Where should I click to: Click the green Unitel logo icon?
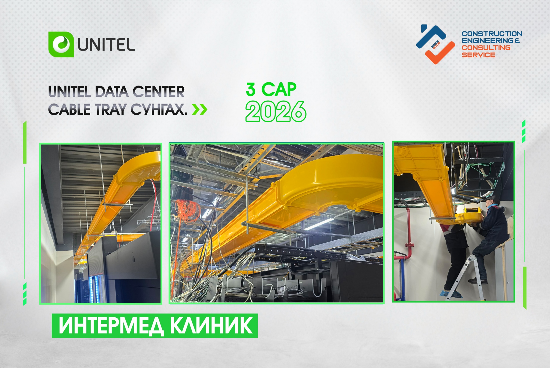pos(61,44)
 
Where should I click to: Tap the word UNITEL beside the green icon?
pos(106,45)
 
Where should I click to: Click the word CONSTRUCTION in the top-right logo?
pos(492,34)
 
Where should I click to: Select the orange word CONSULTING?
pos(486,48)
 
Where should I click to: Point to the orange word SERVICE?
pos(478,55)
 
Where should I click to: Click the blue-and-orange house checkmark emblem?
pos(435,44)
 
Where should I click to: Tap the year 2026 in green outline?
pos(276,111)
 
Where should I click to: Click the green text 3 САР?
pos(271,89)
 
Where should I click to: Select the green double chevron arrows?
pos(199,109)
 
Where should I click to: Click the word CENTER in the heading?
pos(158,92)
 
